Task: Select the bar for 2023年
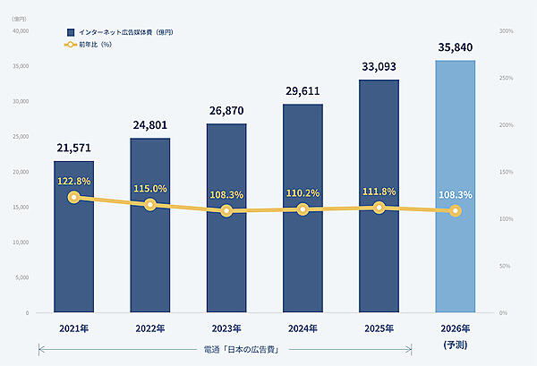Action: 226,260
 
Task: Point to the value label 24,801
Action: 149,125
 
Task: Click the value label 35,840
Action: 455,47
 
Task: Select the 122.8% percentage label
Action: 73,181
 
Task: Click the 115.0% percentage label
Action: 149,189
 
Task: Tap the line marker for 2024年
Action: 303,209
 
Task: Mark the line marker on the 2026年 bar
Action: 455,211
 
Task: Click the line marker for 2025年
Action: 379,208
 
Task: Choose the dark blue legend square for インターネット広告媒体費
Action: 58,32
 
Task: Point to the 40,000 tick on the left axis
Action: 19,31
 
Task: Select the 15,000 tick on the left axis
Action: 19,208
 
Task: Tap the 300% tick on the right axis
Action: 507,31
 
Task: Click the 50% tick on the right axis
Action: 505,266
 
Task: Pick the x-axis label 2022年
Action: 149,328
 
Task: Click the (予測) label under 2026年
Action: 455,345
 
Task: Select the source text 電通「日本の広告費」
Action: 226,349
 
